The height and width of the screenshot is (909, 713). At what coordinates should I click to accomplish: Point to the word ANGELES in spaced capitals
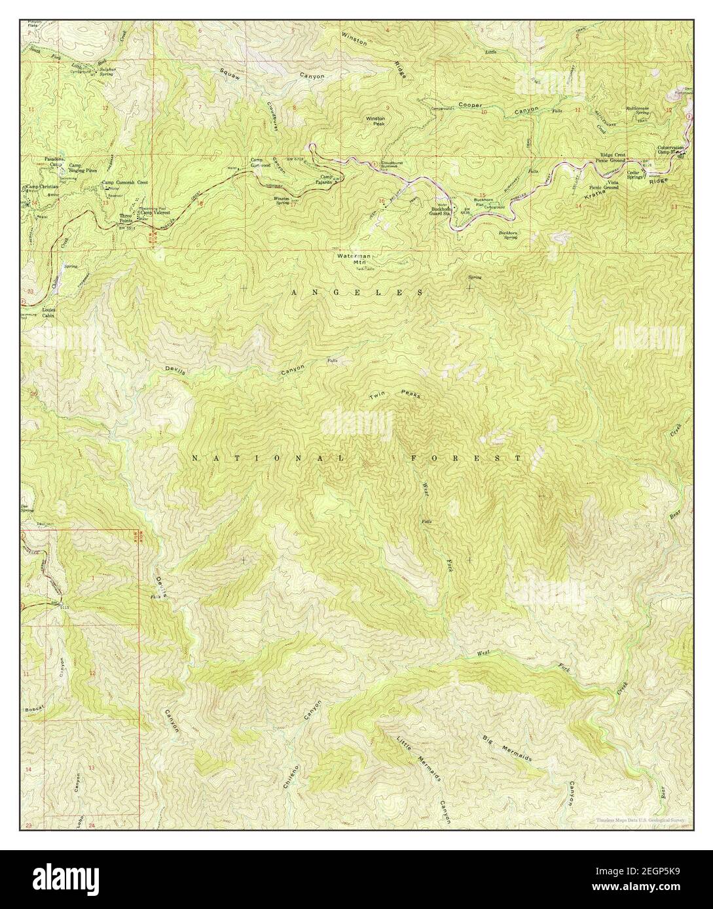(356, 292)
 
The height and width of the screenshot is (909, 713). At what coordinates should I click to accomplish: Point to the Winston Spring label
(282, 200)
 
